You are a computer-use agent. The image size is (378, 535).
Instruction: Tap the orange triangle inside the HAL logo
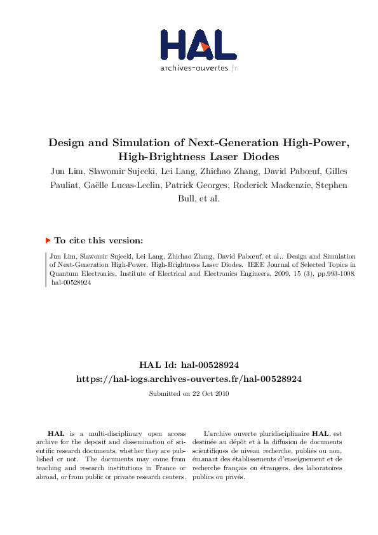tap(205, 46)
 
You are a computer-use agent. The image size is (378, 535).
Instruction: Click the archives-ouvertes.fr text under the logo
tap(198, 67)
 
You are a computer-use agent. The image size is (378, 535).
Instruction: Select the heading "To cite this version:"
tap(98, 241)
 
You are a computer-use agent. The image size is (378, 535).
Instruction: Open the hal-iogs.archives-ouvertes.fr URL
tap(189, 378)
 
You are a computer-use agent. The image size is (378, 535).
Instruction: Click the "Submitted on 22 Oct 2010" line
tap(189, 394)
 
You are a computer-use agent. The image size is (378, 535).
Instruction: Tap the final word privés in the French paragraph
tap(234, 477)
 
